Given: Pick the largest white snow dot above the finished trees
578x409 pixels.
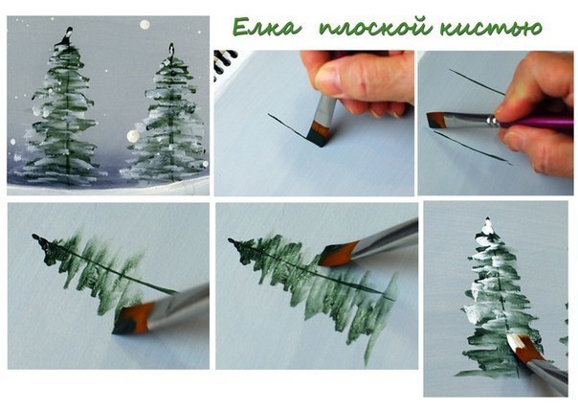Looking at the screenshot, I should [x=144, y=24].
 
